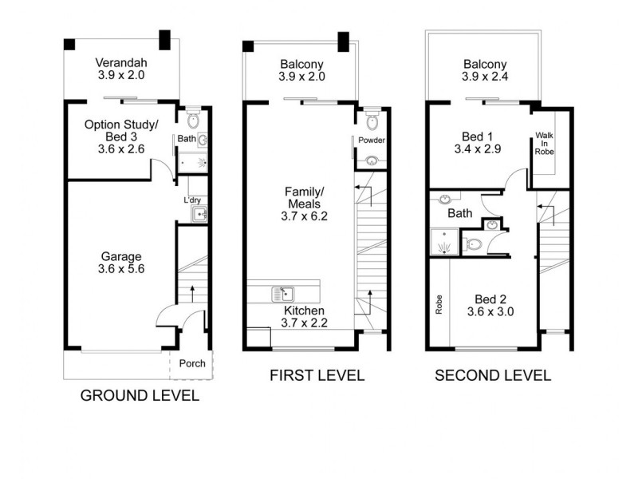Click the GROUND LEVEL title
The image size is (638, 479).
coord(140,396)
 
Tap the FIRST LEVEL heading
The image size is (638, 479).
coord(317,375)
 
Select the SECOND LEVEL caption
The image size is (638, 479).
coord(492,375)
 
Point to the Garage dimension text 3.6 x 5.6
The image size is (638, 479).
coord(121,270)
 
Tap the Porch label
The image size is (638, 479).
coord(191,363)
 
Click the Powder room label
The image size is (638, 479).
coord(372,141)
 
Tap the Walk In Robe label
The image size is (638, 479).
coord(545,143)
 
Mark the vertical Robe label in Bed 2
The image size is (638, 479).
coord(439,306)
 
